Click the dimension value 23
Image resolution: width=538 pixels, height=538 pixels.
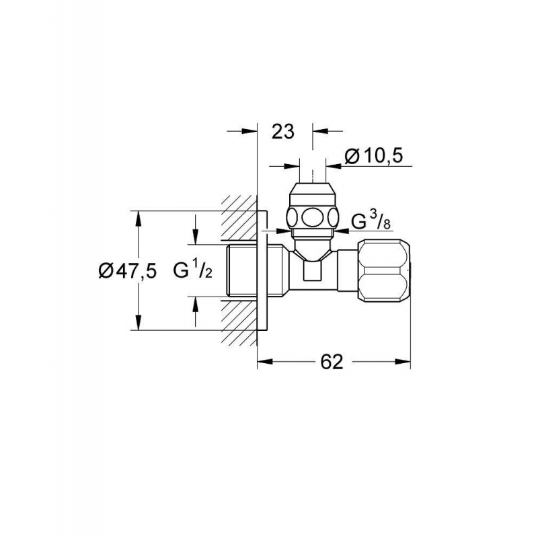pos(282,131)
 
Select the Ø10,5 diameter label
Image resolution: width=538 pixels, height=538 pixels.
pos(373,157)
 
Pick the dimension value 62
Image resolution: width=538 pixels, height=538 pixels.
pos(332,362)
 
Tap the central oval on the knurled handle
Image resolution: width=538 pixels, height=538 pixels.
pos(312,217)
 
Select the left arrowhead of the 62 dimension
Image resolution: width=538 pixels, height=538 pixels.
pos(264,362)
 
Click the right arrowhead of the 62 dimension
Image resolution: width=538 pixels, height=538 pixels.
pos(403,362)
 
